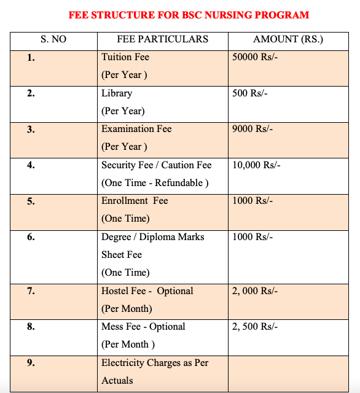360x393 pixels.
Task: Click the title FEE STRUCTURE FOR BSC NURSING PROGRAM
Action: (189, 15)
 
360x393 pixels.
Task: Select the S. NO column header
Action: (53, 40)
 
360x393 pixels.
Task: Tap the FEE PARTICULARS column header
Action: (162, 40)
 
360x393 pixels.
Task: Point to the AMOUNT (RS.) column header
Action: (288, 40)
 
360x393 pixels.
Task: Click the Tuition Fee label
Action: (125, 57)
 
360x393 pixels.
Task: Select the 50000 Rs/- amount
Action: (256, 57)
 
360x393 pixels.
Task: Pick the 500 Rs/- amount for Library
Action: (250, 93)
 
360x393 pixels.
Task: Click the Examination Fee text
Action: (136, 129)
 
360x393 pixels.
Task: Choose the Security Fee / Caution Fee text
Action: (156, 165)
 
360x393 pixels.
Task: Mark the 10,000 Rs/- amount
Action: (256, 165)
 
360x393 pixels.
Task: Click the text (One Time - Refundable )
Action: (155, 183)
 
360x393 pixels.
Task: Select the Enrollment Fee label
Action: (135, 201)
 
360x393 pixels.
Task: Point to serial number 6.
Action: (31, 237)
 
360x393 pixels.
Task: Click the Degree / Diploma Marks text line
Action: (152, 237)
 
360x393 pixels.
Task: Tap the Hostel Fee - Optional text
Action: (147, 291)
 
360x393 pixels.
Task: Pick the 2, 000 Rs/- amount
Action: (255, 291)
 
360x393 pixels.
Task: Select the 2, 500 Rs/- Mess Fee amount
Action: (255, 327)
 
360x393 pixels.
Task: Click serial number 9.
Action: (31, 363)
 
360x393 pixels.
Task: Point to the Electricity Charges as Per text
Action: (155, 363)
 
